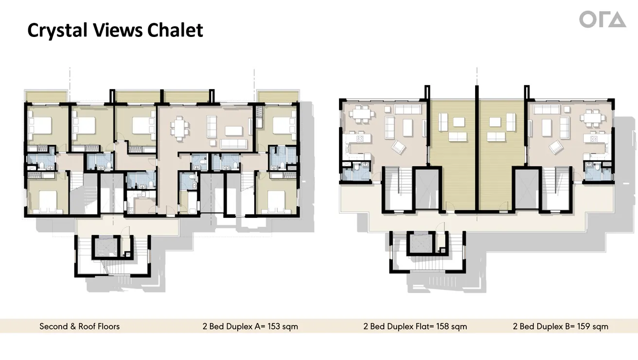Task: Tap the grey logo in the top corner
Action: click(x=602, y=19)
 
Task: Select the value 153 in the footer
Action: click(x=275, y=326)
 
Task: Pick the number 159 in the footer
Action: click(x=585, y=326)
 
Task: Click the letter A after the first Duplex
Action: click(x=256, y=326)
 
